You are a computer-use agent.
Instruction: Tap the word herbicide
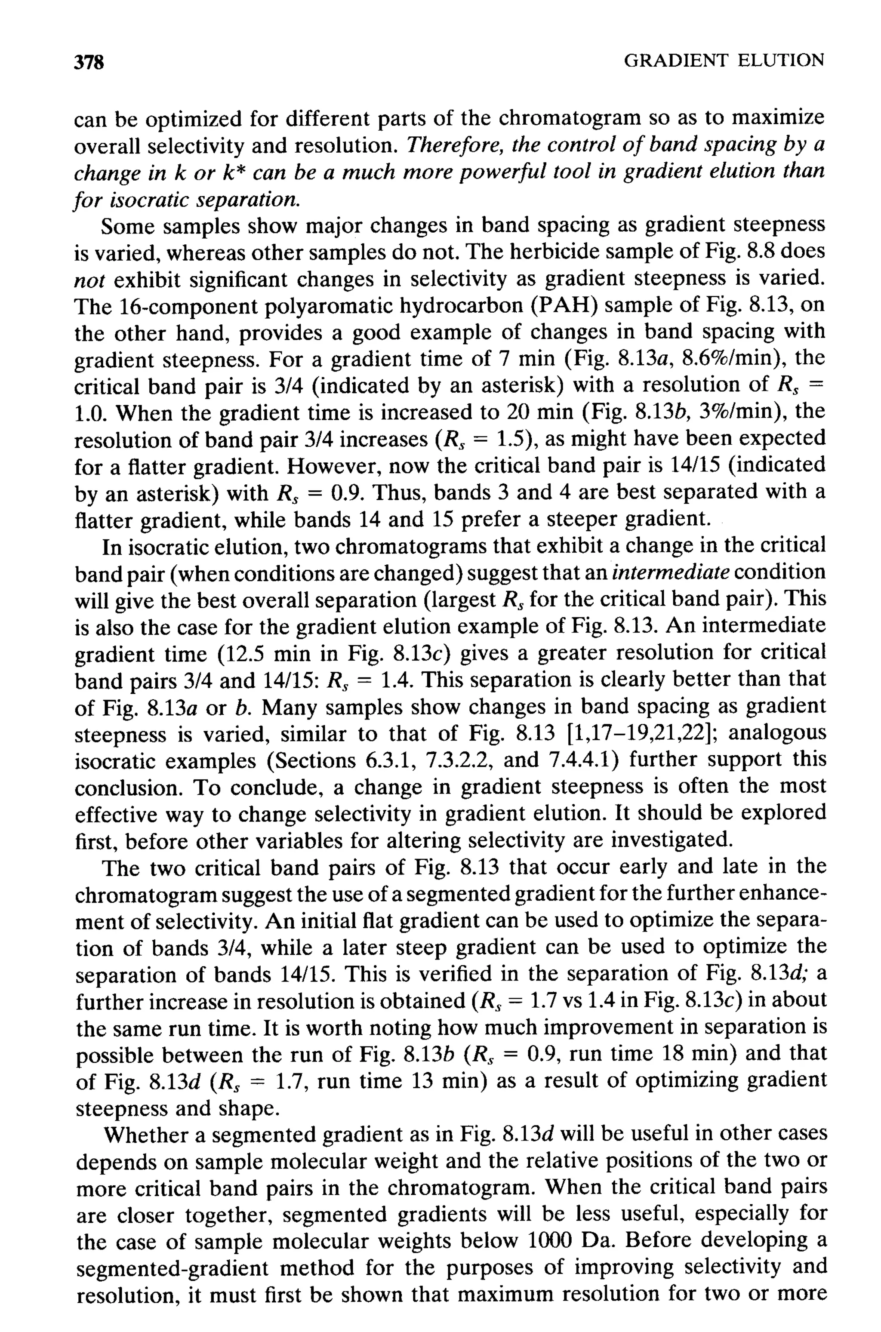[584, 252]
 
